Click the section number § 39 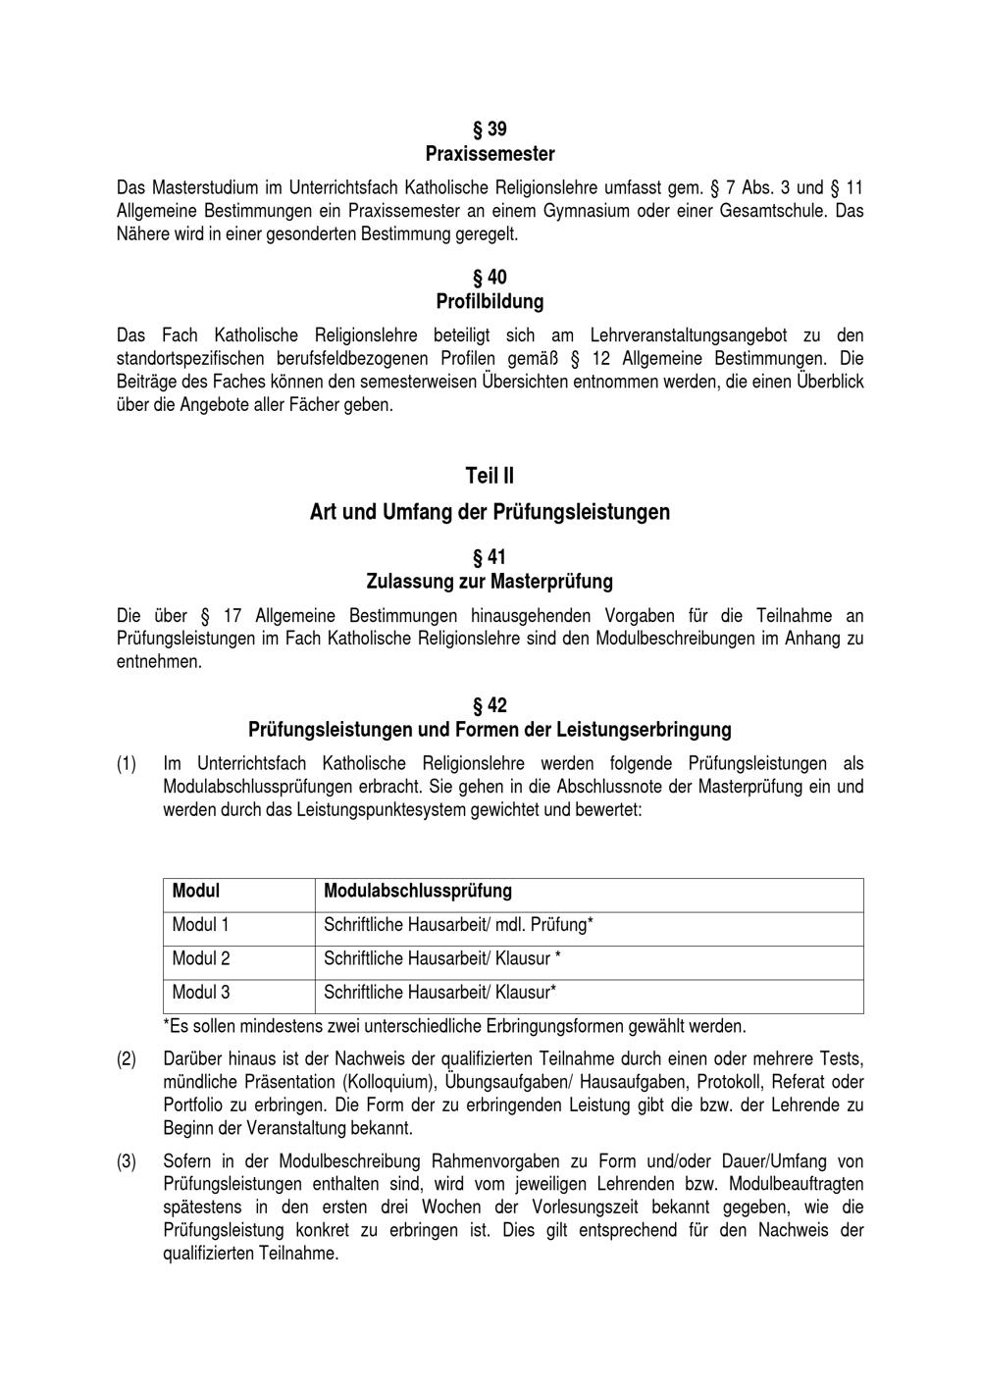(490, 129)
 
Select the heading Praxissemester (490, 154)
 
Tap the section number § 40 (490, 278)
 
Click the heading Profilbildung (490, 301)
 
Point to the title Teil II (490, 476)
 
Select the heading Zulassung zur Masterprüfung (490, 582)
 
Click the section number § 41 (490, 558)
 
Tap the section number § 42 (490, 705)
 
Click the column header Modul (196, 891)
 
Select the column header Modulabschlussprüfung (418, 891)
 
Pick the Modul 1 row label (201, 924)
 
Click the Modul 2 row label (201, 958)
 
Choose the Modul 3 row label (201, 992)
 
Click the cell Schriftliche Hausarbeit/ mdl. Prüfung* (458, 924)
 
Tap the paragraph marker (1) (127, 763)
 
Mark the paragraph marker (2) (127, 1059)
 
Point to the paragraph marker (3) (127, 1161)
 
